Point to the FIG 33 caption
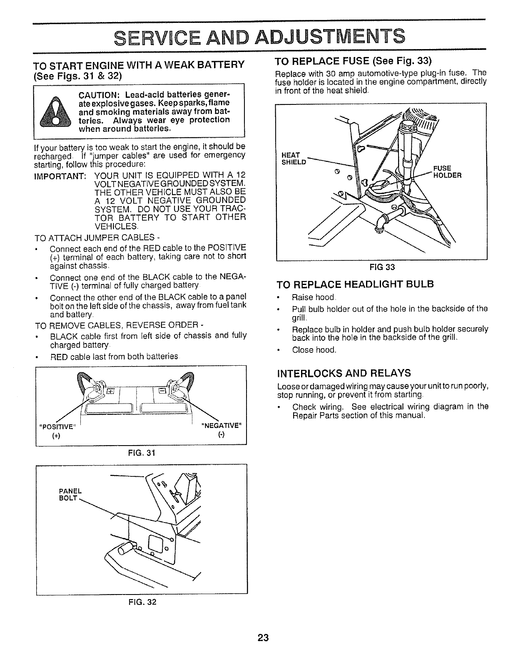point(382,267)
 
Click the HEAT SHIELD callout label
point(294,159)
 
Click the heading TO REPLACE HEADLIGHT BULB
point(356,285)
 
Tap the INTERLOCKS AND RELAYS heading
point(344,372)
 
